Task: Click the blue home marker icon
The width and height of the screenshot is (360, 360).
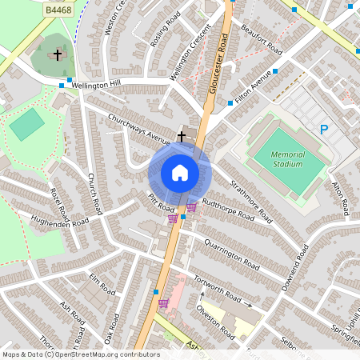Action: pos(180,173)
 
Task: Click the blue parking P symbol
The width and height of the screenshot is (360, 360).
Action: pos(324,129)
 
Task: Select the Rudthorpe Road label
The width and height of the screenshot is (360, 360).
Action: pos(229,210)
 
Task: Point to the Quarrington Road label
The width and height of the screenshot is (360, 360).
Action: pos(233,254)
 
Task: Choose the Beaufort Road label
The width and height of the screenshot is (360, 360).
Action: pos(264,38)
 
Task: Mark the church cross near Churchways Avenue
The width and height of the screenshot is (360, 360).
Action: pos(182,136)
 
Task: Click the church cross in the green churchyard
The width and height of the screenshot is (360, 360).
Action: pos(57,55)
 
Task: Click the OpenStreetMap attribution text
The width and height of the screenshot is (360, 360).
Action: pos(80,354)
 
